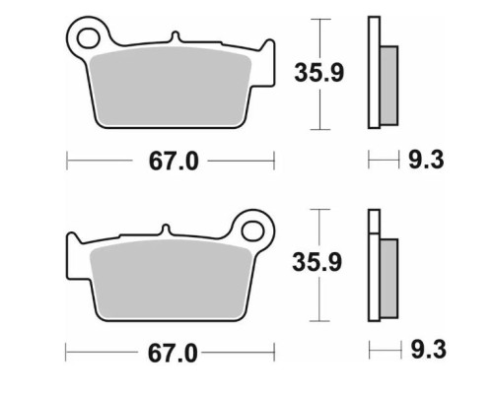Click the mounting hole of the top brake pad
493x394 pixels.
(89, 38)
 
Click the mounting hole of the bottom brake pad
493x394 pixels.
(252, 231)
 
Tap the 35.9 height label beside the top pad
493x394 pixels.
(319, 73)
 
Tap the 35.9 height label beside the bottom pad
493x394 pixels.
(317, 262)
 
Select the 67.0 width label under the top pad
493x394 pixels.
(174, 161)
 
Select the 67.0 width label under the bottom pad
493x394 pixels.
(173, 354)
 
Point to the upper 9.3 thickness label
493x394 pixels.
(426, 160)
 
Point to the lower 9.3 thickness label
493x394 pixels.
(429, 349)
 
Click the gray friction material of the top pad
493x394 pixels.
(171, 87)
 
